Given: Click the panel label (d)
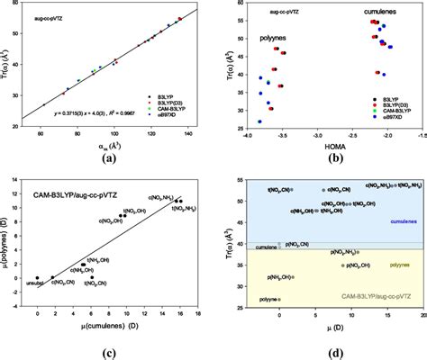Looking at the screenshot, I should (x=335, y=351).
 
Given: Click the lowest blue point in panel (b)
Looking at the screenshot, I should (x=259, y=121).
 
